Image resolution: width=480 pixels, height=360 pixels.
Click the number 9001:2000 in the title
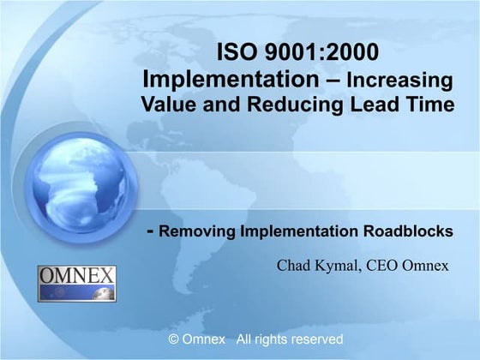coord(322,53)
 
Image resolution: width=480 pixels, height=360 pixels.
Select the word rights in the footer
coord(263,339)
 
